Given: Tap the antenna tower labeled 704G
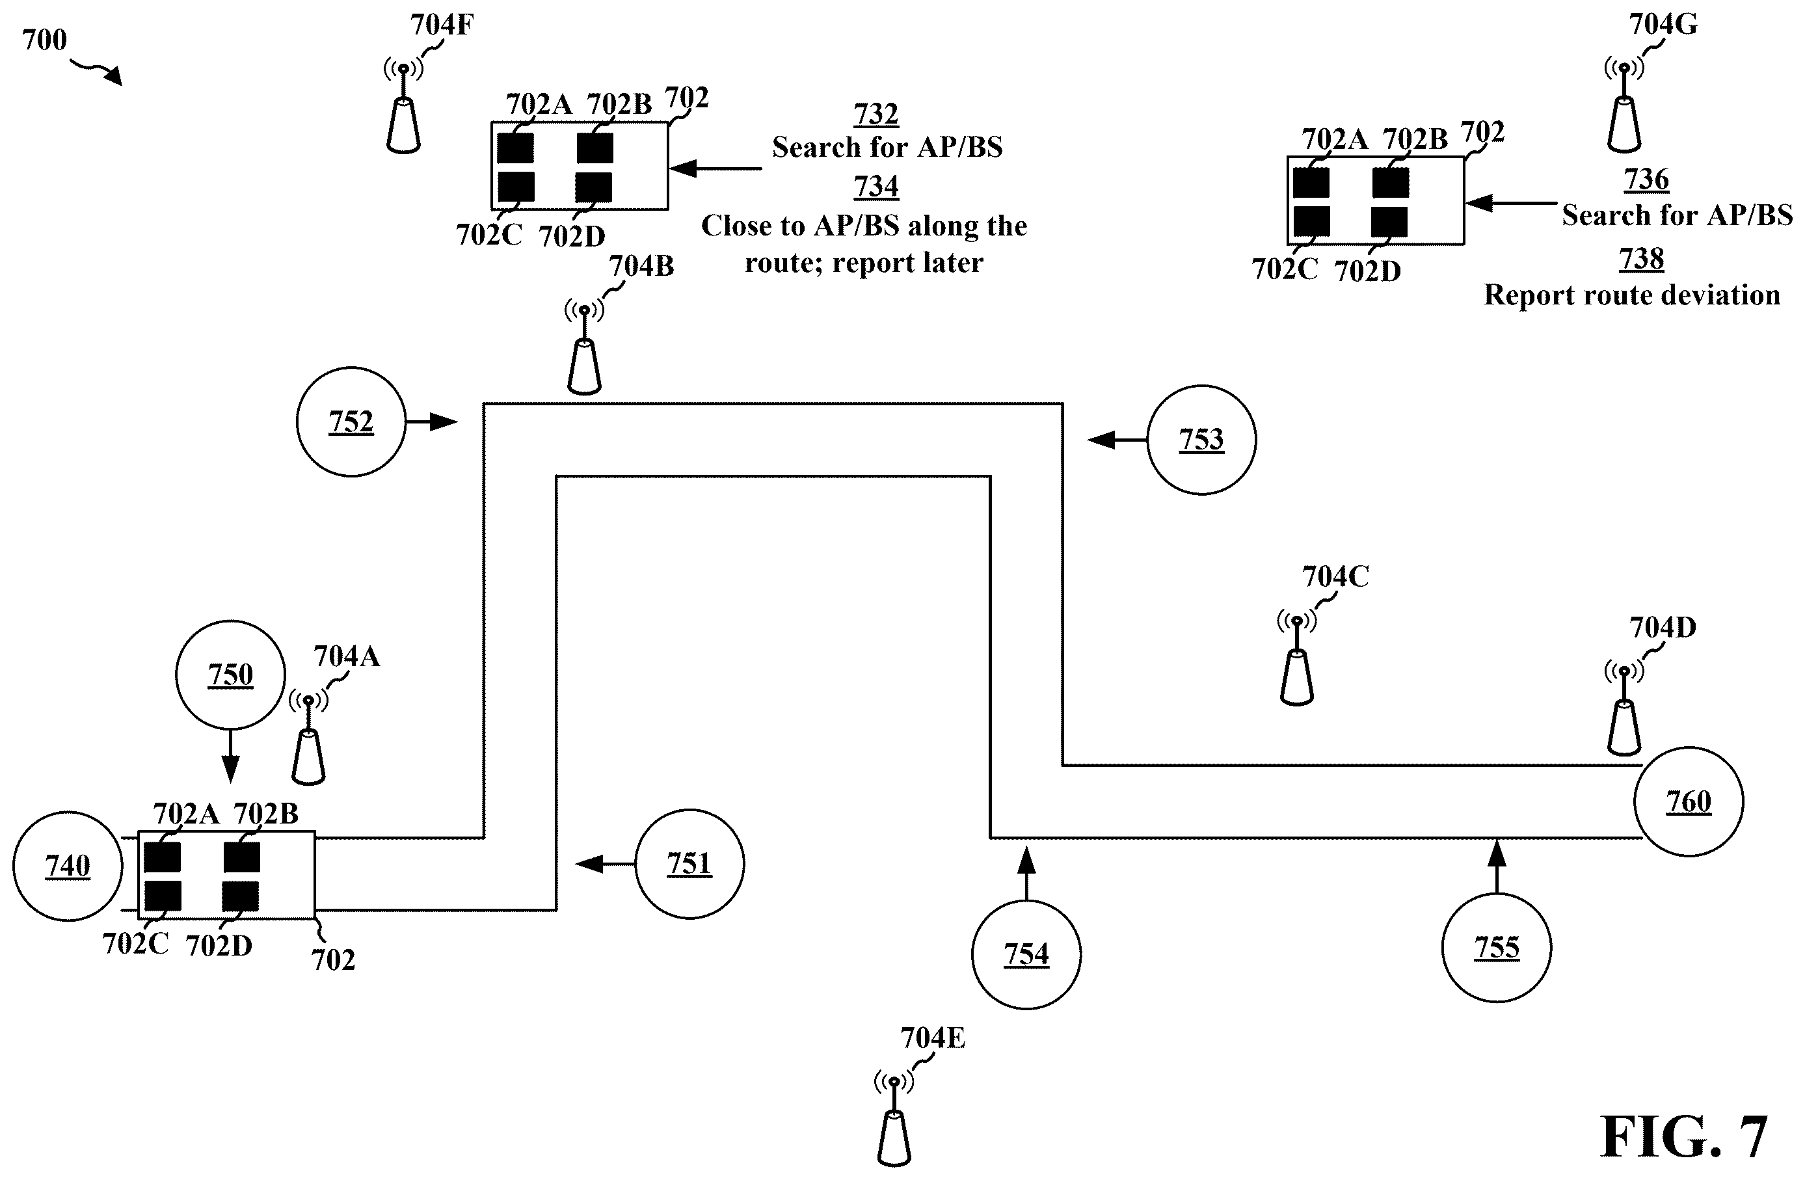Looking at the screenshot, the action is click(1624, 105).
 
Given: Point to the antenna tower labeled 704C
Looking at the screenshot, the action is click(1296, 658).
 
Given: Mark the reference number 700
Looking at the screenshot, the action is click(44, 40).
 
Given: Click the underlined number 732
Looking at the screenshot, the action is click(876, 114).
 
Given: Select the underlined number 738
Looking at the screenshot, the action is click(1641, 260).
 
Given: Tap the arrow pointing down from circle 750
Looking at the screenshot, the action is click(230, 756).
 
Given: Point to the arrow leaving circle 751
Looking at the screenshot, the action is click(604, 864).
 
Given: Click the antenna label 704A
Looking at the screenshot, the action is click(347, 656).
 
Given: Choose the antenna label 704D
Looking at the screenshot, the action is click(1663, 628).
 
